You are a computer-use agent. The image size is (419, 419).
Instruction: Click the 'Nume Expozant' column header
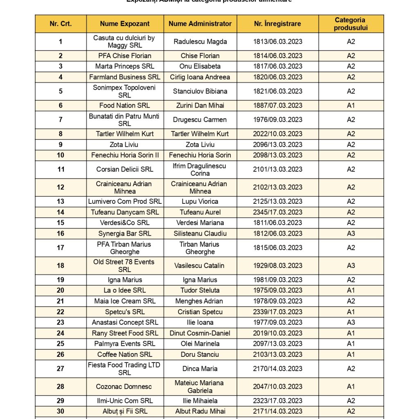point(125,24)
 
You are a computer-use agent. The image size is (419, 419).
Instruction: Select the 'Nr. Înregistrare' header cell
point(278,24)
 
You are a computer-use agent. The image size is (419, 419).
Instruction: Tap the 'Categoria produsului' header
point(351,24)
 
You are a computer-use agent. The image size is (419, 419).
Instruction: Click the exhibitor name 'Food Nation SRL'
point(125,106)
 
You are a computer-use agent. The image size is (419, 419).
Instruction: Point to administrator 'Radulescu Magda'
point(200,42)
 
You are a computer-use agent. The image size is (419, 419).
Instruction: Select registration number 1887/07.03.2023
point(278,106)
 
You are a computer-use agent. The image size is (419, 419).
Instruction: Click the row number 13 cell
point(61,201)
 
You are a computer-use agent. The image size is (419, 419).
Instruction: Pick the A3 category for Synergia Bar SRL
point(351,234)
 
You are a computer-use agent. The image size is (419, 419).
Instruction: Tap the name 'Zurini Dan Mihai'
point(200,106)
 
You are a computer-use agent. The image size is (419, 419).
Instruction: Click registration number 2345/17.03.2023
point(278,212)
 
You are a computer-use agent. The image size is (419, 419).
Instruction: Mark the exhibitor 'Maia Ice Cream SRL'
point(125,301)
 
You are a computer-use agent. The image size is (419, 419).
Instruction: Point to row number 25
point(61,344)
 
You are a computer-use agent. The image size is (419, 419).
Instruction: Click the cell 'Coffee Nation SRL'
point(125,354)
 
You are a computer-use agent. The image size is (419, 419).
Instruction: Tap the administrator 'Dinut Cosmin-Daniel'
point(200,333)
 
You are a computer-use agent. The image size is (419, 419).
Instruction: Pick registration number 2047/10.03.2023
point(278,387)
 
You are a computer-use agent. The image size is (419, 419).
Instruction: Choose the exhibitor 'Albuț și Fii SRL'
point(125,411)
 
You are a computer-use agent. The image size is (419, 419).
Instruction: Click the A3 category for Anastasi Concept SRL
point(351,322)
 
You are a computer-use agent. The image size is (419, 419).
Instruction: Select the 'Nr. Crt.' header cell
point(61,24)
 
